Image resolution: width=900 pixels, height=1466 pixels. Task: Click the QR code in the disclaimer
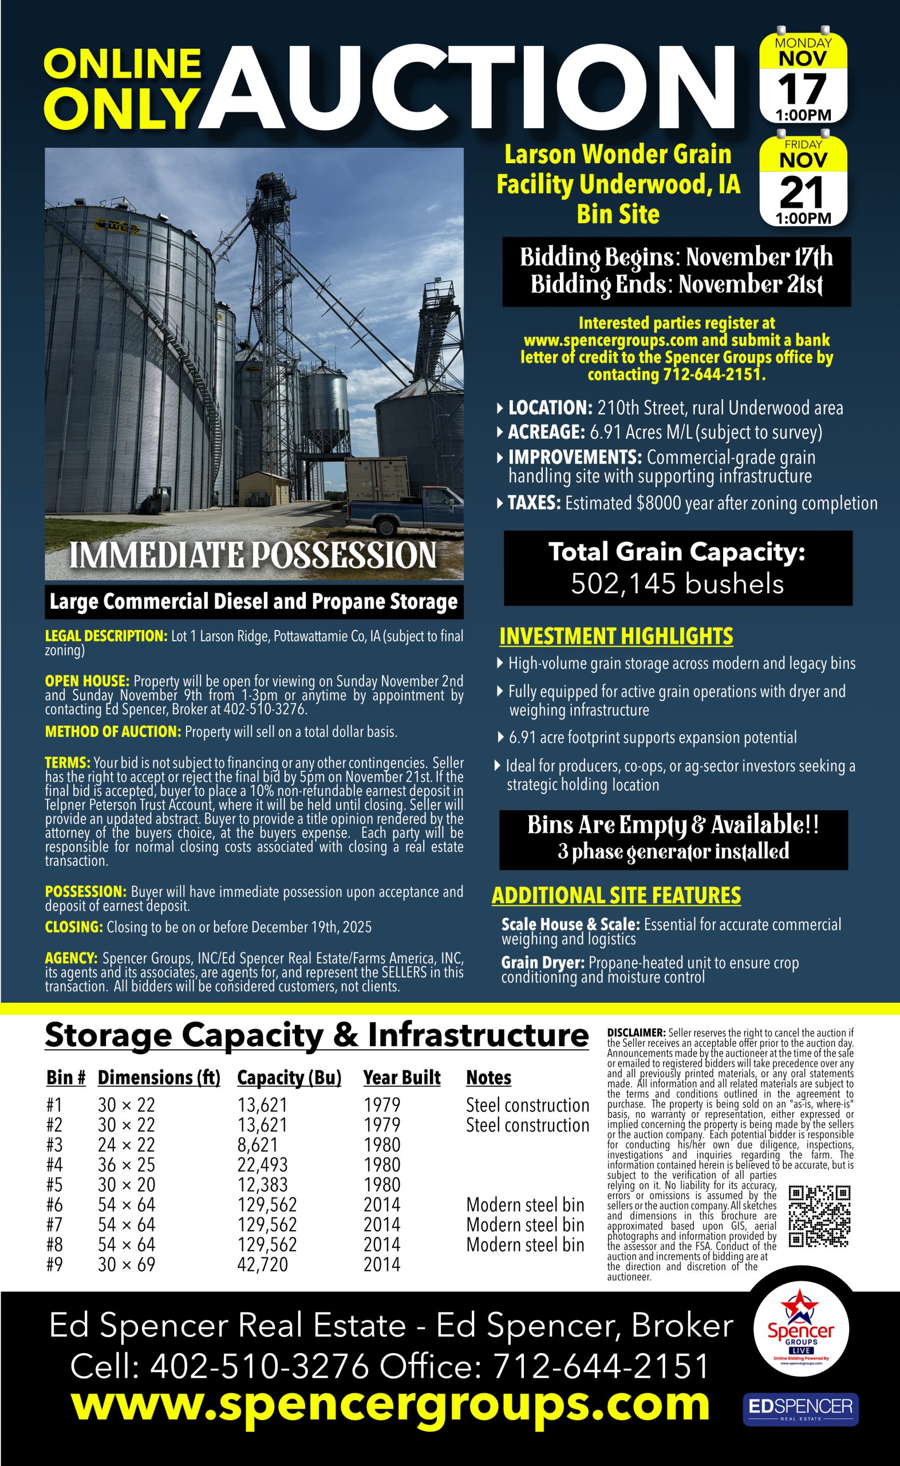(819, 1216)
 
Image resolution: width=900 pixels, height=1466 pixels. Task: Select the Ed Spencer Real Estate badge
(800, 1409)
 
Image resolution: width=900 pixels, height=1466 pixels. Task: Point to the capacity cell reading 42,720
(262, 1264)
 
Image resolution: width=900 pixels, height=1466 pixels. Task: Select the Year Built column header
(402, 1077)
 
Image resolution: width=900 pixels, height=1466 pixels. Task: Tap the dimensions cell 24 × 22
(126, 1145)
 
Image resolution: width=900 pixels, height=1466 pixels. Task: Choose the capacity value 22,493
(262, 1165)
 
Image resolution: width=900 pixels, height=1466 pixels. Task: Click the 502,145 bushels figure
(677, 584)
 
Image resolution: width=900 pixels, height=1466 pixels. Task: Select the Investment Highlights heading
(616, 636)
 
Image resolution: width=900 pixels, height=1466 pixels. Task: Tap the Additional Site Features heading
(616, 895)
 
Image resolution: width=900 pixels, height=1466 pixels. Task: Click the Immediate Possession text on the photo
(253, 555)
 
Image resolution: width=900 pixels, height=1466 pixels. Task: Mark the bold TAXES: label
(534, 503)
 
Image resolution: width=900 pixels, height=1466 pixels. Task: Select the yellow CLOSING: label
(74, 927)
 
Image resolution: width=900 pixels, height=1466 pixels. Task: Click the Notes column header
(489, 1077)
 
